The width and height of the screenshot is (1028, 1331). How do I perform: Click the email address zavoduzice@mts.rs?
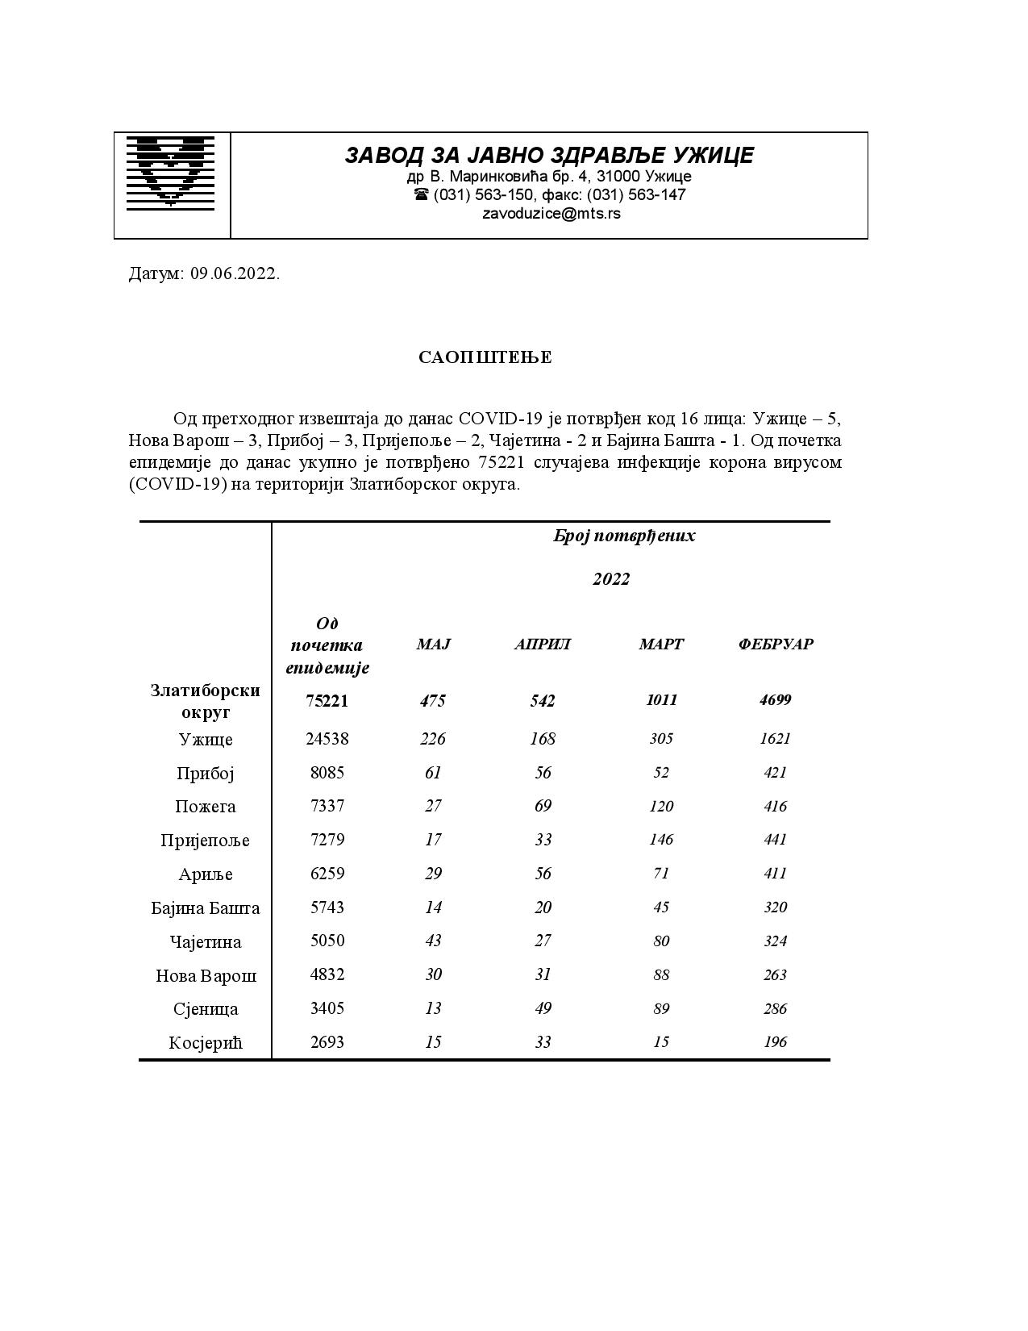click(x=551, y=214)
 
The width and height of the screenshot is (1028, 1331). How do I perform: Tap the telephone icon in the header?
click(x=421, y=194)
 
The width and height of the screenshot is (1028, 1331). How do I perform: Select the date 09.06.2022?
click(x=235, y=273)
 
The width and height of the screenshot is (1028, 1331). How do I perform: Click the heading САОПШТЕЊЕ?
click(x=485, y=357)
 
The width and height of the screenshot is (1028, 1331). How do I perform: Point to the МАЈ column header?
click(x=433, y=645)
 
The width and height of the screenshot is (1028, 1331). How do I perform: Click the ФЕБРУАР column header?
click(x=775, y=645)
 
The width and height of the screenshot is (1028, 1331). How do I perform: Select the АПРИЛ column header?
click(x=543, y=645)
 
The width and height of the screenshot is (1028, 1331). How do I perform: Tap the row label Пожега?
click(x=206, y=807)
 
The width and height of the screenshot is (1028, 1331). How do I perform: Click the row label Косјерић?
click(x=206, y=1043)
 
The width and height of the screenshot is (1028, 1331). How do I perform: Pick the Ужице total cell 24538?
click(x=327, y=739)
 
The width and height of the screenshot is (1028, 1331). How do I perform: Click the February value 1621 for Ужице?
click(x=775, y=739)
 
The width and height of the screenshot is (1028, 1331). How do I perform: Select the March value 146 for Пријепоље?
click(x=661, y=840)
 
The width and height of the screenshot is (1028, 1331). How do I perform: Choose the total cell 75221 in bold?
click(x=327, y=701)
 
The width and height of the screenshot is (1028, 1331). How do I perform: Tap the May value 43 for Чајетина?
click(x=433, y=941)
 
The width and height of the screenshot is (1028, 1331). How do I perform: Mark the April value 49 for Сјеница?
click(x=543, y=1009)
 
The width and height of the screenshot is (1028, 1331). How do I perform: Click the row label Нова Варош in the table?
click(x=206, y=976)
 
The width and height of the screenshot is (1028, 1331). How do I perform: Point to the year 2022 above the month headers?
click(x=611, y=579)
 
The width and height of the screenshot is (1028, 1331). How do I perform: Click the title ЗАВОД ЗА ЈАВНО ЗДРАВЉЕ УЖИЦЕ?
click(x=549, y=155)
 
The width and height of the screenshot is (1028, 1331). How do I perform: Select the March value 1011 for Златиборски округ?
click(x=661, y=700)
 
